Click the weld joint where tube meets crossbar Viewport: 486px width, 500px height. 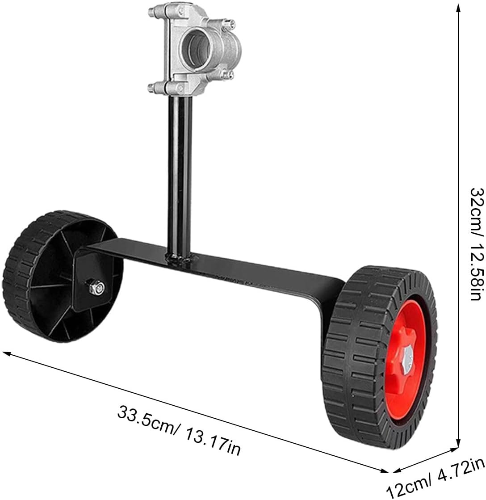[180, 258]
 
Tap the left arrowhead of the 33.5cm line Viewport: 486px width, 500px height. [6, 353]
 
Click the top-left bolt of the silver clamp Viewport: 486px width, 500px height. [153, 11]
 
